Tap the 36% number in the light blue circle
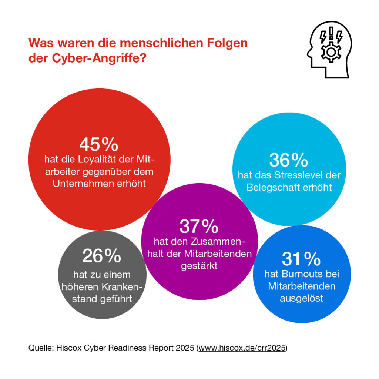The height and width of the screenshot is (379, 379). pyautogui.click(x=288, y=160)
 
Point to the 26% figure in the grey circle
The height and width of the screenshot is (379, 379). pyautogui.click(x=101, y=256)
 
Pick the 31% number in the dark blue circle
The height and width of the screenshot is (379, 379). pyautogui.click(x=301, y=259)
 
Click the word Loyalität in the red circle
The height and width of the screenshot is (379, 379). pyautogui.click(x=97, y=160)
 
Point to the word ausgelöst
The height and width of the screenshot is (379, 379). pyautogui.click(x=301, y=298)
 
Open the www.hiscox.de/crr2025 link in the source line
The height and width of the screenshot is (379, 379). pyautogui.click(x=242, y=348)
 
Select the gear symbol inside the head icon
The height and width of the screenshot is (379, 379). pyautogui.click(x=328, y=52)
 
